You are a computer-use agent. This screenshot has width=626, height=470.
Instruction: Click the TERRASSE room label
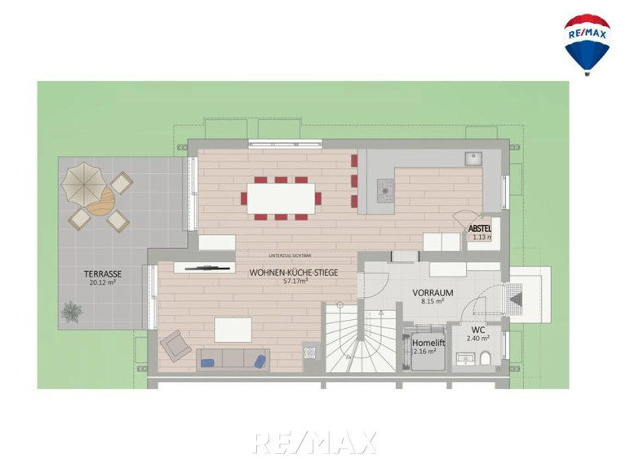point(103,274)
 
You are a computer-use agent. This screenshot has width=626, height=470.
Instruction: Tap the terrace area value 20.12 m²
point(103,282)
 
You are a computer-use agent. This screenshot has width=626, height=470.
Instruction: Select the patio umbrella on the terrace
point(84,183)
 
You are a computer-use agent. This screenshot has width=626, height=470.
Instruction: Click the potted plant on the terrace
point(72,312)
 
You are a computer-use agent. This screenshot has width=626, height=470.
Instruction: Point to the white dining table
point(281,198)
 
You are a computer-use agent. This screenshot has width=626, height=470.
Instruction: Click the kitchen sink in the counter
point(473,158)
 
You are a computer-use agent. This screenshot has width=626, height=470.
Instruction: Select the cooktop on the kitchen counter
point(385,191)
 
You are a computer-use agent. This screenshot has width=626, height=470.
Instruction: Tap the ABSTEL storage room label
point(479,229)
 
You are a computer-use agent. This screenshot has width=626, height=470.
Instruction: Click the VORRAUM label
point(433,293)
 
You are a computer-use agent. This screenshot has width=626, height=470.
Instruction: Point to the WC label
point(478,330)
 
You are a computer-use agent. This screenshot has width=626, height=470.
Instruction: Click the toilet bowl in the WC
point(486,358)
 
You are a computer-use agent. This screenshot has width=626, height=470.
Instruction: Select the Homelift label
point(428,343)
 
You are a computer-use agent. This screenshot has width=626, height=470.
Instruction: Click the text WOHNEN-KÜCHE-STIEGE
point(294,273)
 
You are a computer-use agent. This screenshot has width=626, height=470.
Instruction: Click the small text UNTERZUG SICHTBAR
point(291,255)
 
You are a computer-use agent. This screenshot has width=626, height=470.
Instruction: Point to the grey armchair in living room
point(175,346)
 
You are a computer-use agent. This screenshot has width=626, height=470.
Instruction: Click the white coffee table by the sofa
point(233,330)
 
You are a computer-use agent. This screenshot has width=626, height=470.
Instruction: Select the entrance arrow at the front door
point(516,299)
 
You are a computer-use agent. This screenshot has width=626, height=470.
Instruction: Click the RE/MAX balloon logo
point(587,44)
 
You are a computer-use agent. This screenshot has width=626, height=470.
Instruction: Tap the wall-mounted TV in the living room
point(207,268)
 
